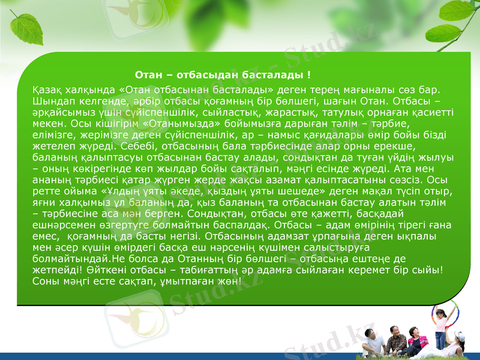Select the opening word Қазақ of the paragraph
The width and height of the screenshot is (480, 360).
pyautogui.click(x=46, y=90)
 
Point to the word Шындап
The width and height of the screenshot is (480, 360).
pyautogui.click(x=52, y=101)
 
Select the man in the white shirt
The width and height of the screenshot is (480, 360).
pyautogui.click(x=373, y=340)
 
